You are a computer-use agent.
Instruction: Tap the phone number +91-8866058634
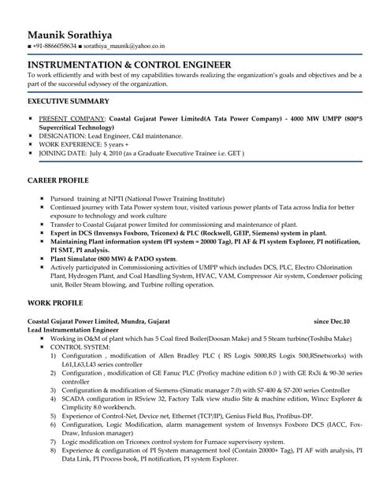coord(56,47)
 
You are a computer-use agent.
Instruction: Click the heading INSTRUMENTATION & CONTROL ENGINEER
coord(129,65)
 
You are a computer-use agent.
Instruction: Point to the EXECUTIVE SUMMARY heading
coord(68,102)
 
